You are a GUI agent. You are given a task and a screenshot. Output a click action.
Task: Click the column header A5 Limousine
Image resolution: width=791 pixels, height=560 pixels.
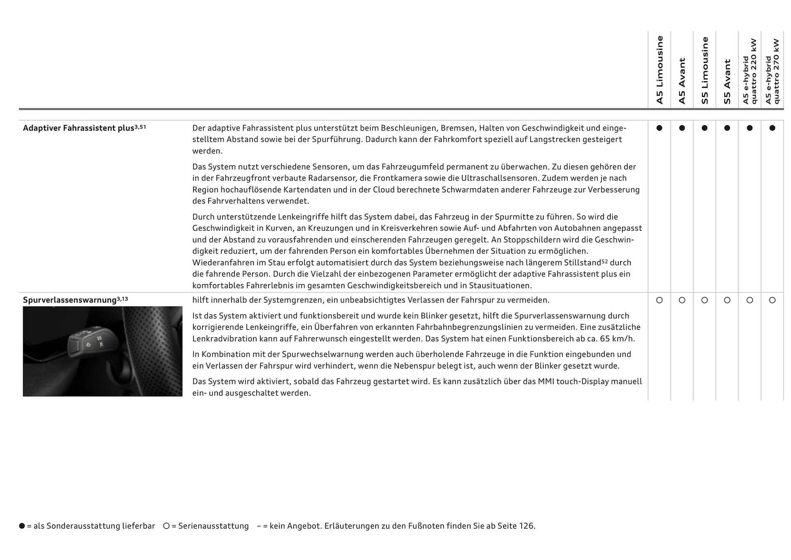pos(660,70)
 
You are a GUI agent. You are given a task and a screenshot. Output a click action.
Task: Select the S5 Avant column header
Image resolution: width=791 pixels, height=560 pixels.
pos(727,82)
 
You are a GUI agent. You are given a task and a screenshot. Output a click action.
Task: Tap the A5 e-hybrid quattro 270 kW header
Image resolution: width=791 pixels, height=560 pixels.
pos(772,71)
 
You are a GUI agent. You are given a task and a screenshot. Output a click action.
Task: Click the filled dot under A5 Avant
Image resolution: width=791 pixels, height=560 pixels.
pos(682,128)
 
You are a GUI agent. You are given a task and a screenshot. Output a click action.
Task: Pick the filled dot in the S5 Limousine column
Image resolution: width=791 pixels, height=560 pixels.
pos(704,128)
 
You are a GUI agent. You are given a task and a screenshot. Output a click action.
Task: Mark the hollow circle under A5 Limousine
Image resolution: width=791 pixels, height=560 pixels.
pos(660,300)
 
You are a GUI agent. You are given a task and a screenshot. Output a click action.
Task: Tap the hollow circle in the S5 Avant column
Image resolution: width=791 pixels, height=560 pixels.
pos(727,300)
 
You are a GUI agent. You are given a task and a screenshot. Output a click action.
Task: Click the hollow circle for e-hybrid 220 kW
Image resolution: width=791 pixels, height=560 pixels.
pos(750,300)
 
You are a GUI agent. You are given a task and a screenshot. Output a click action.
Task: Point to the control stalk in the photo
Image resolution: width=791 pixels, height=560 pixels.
pos(89,342)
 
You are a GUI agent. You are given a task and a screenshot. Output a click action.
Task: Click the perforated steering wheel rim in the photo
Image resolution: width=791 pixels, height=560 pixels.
pos(152,346)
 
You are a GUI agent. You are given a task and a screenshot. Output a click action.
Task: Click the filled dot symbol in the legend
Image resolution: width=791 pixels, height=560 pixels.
pos(22,526)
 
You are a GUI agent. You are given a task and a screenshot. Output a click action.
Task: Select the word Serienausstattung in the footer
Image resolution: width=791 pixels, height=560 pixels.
pos(213,526)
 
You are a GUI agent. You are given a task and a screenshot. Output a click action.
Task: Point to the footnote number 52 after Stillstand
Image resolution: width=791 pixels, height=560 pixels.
pos(604,261)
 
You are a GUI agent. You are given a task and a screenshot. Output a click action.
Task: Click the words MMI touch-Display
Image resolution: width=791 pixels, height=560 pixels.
pos(573,381)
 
